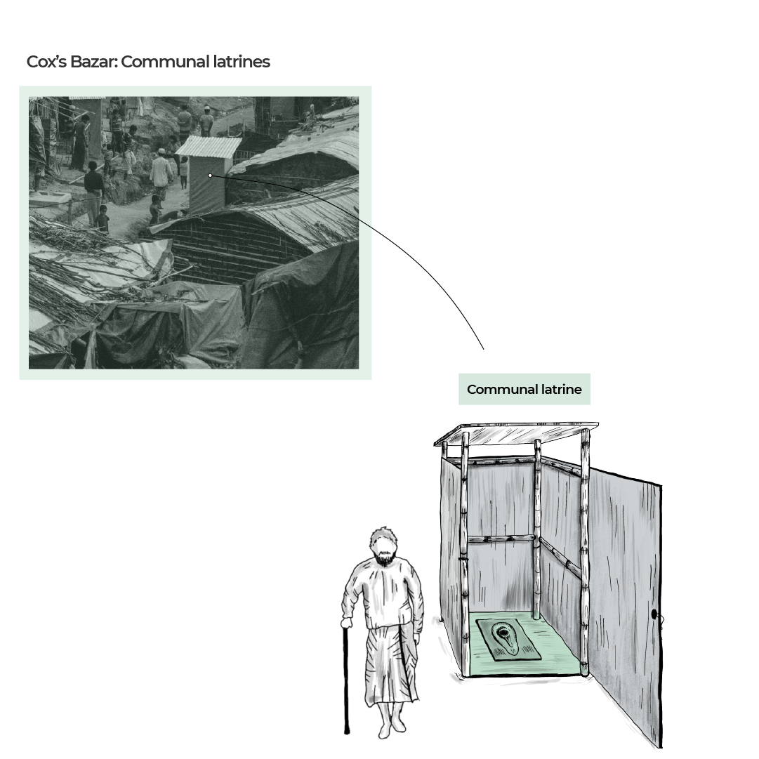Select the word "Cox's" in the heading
coord(46,62)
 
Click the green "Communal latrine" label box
coord(524,389)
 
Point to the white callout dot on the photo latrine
coord(210,176)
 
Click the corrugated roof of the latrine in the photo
coord(208,146)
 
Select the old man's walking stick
coord(345,681)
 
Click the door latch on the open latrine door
coord(654,615)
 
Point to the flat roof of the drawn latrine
coord(516,432)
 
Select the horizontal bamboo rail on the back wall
coord(501,539)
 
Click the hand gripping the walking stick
coord(346,623)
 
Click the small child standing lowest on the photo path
coord(103,219)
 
